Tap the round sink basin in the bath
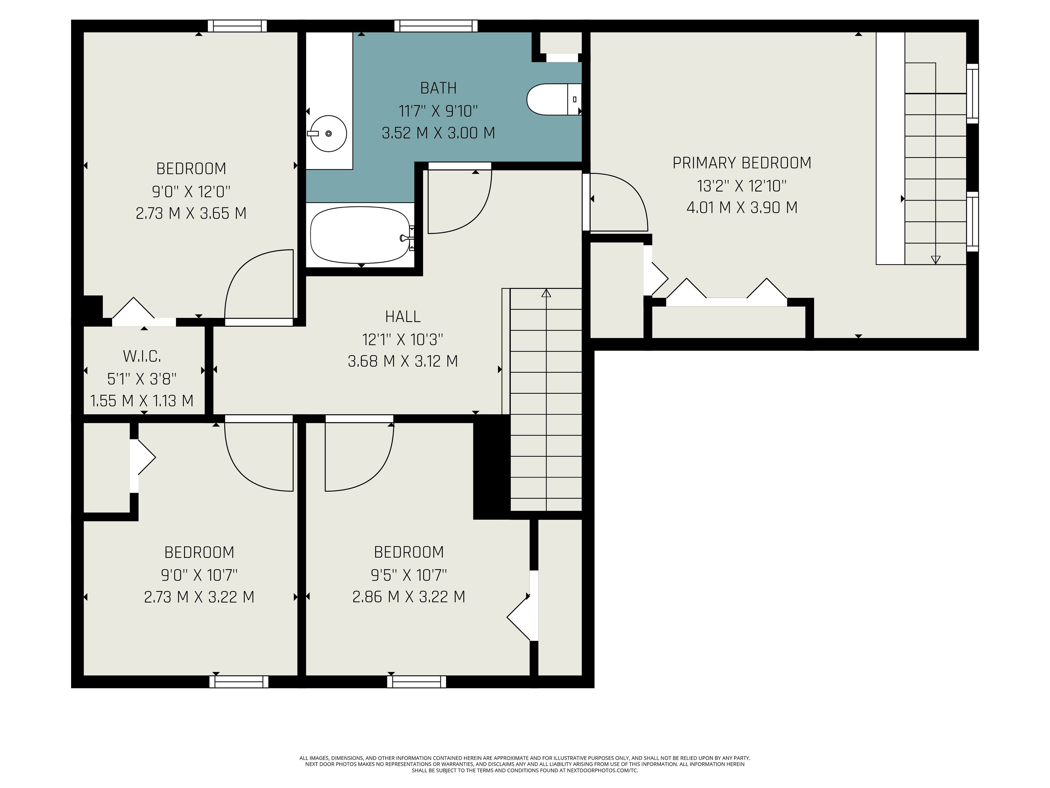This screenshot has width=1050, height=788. (328, 134)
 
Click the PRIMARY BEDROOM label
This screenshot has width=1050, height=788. (742, 163)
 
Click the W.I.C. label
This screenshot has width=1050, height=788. (142, 356)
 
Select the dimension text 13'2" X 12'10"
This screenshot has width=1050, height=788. (742, 186)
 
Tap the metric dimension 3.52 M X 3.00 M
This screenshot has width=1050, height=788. (439, 132)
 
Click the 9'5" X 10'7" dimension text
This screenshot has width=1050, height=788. (409, 575)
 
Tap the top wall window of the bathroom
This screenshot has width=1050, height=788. (436, 26)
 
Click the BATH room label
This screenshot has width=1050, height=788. (439, 88)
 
